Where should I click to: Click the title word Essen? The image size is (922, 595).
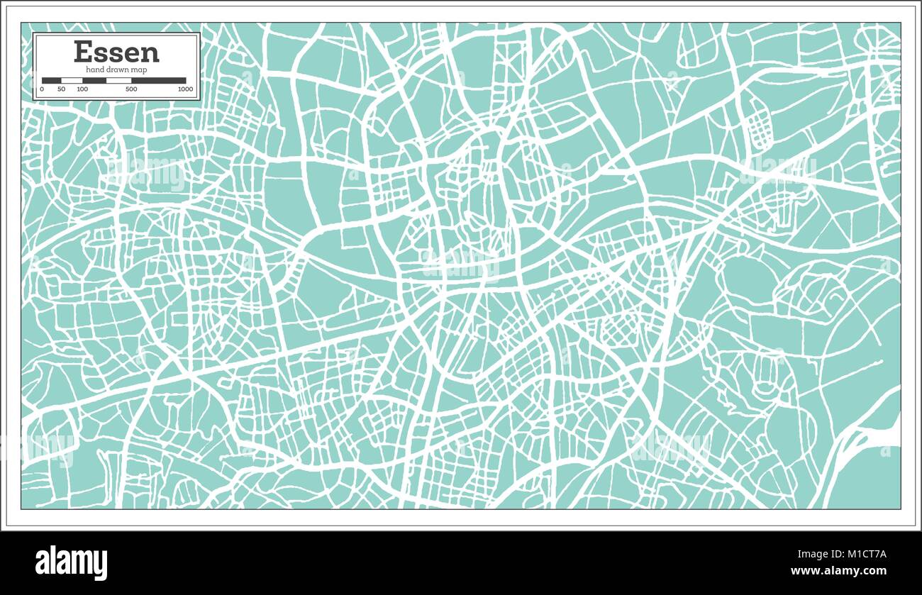point(116,52)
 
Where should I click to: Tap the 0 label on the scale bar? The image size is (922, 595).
point(42,89)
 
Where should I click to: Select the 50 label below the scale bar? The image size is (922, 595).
point(62,89)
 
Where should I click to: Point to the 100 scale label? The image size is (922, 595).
point(82,89)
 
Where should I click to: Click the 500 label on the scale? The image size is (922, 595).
point(131,89)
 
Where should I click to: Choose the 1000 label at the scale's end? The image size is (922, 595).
point(185,89)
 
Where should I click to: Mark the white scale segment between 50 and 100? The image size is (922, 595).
point(72,80)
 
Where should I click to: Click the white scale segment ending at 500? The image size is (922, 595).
point(118,80)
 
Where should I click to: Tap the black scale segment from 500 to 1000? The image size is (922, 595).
point(158,80)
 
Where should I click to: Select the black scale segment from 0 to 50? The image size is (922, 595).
point(52,80)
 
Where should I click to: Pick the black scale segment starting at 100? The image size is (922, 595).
point(94,80)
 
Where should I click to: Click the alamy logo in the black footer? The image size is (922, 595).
point(71,563)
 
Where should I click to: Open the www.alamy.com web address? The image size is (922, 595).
point(838,571)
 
